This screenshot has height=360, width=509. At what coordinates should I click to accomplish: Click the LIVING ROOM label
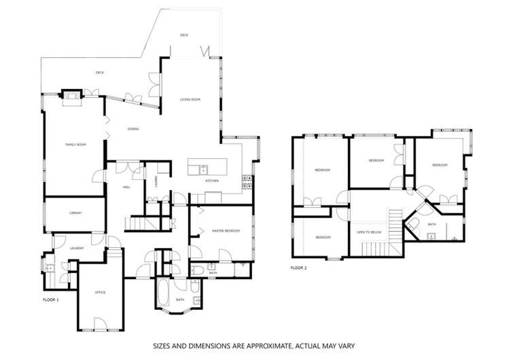pos(190,100)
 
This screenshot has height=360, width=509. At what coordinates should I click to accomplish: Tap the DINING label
pos(133,129)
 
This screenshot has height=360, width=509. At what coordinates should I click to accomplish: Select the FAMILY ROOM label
pos(75,145)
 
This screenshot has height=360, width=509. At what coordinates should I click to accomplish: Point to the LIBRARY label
pos(75,213)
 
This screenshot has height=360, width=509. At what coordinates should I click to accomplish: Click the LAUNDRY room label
pos(76,248)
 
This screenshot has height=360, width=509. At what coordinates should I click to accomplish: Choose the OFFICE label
pos(100,292)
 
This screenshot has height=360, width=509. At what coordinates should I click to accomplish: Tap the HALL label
pos(126,187)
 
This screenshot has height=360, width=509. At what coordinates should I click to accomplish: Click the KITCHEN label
pos(212,181)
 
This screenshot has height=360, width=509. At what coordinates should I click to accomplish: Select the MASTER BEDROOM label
pos(226,231)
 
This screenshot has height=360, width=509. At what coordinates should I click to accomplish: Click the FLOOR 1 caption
pos(51,299)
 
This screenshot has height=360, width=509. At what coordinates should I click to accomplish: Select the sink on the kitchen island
pos(202,167)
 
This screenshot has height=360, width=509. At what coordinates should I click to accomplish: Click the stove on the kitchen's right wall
pos(247,180)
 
